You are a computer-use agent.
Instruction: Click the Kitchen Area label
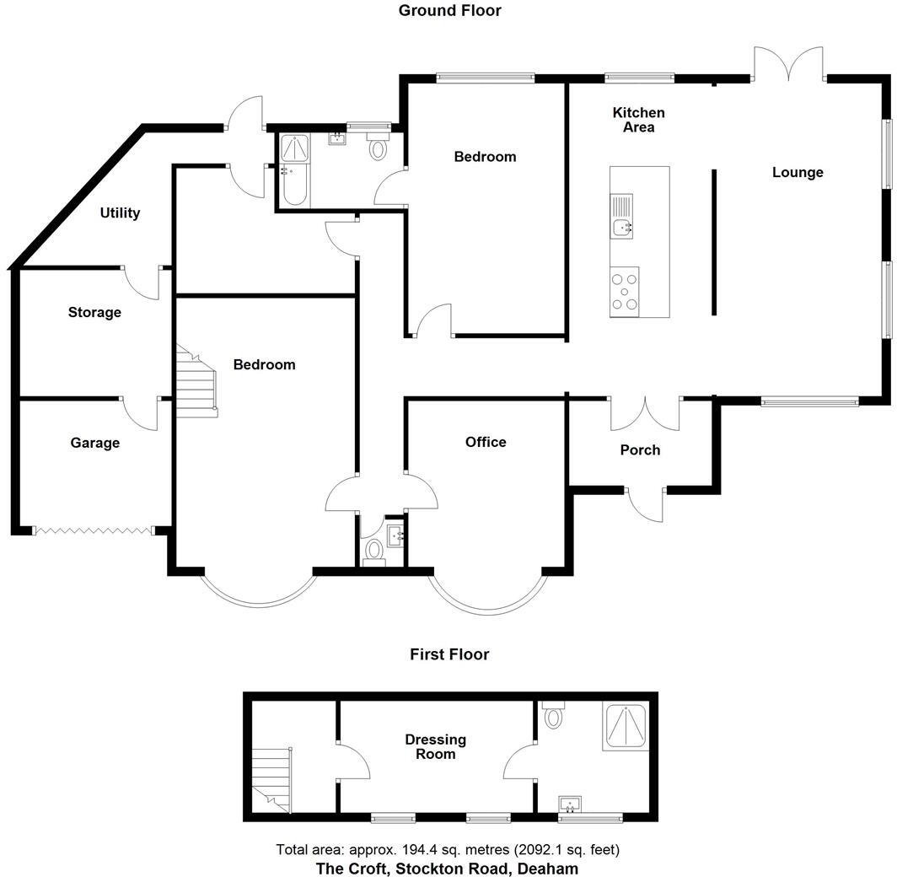638,120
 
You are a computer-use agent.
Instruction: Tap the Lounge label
798,172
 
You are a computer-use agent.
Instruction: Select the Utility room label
120,213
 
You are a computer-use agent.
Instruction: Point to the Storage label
94,312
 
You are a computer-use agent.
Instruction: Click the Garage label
94,443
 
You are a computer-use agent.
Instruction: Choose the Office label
486,442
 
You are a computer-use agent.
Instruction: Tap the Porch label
640,449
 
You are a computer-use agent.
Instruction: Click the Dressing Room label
435,746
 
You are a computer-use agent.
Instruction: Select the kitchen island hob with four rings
625,292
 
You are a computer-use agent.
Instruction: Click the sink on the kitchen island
622,226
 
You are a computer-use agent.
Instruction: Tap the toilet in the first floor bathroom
553,715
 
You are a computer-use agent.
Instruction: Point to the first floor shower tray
626,726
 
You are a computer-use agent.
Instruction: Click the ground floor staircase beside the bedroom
197,384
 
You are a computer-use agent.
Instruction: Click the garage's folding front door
93,530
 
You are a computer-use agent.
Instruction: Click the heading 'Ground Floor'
449,11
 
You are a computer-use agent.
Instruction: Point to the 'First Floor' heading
449,654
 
